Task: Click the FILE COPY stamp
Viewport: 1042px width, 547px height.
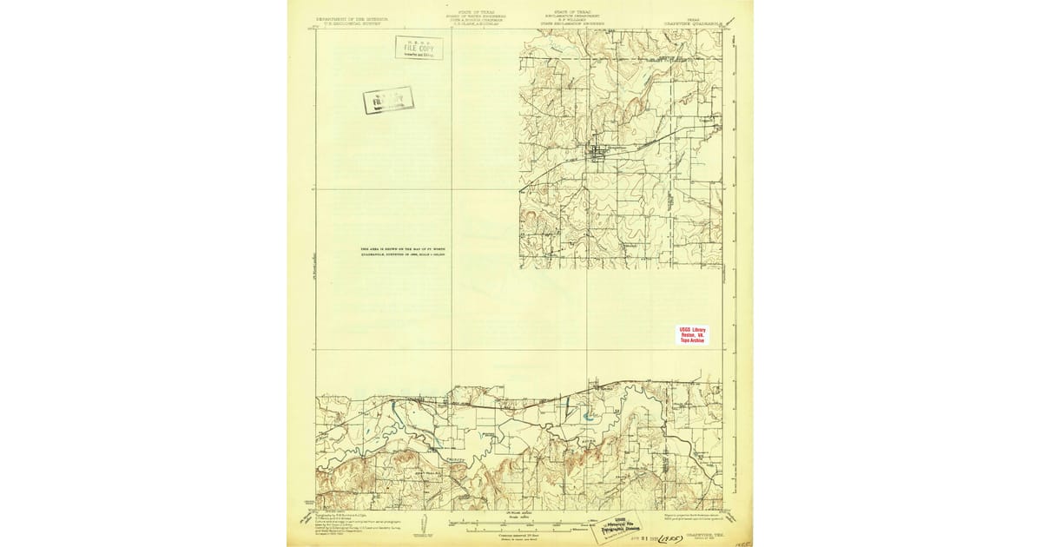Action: pos(419,48)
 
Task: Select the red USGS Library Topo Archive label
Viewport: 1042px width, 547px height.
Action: pos(692,334)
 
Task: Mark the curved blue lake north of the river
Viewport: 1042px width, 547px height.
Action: pos(590,416)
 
